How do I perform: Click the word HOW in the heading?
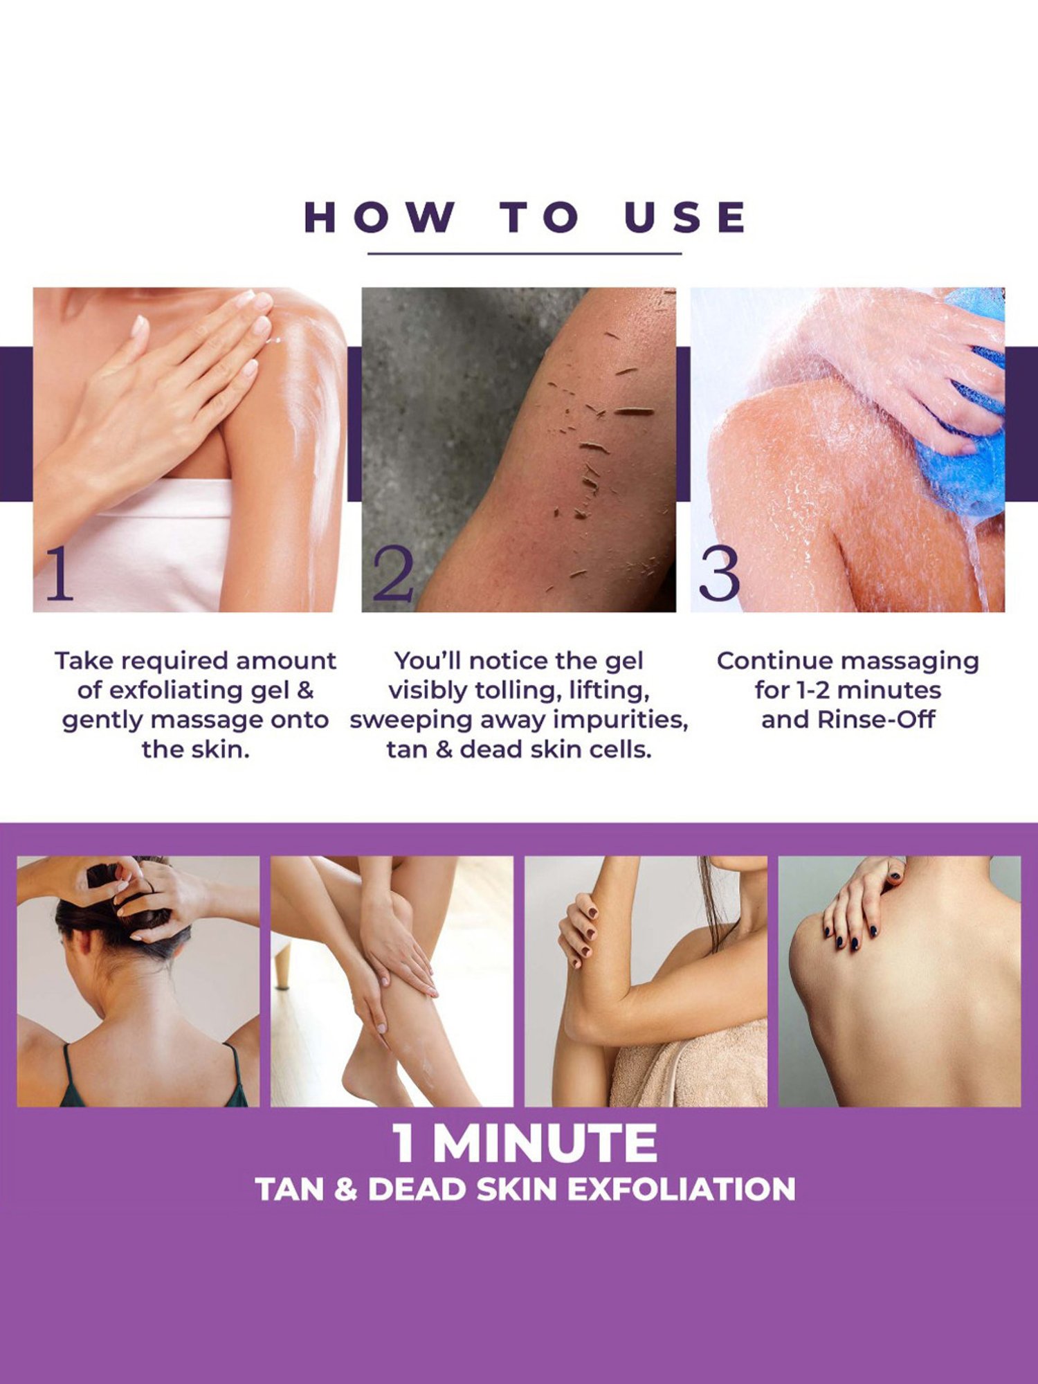click(380, 217)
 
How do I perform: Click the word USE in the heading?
click(685, 217)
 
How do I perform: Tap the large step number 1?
click(60, 574)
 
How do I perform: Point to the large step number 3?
click(719, 574)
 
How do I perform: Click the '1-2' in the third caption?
click(814, 691)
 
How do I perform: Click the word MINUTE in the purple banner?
click(545, 1144)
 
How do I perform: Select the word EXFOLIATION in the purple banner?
click(682, 1190)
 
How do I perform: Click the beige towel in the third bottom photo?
click(692, 1066)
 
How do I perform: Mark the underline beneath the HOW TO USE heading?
click(525, 254)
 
